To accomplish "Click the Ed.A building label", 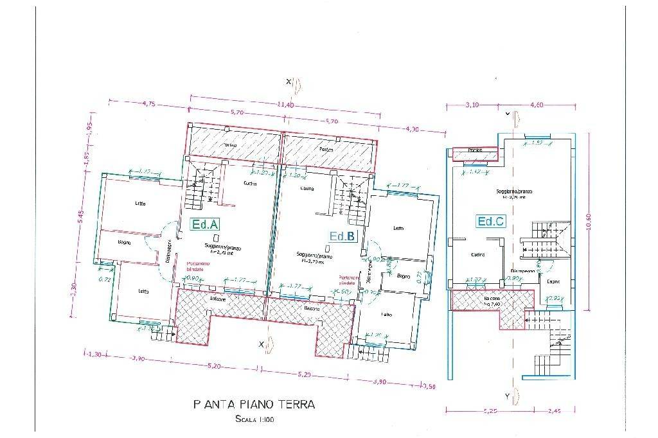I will [x=206, y=224].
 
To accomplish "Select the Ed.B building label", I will [x=342, y=236].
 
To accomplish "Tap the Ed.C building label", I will [x=490, y=222].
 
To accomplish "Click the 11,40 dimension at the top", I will [x=285, y=105].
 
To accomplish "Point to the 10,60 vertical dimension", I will [x=589, y=224].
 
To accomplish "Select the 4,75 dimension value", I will [x=149, y=103].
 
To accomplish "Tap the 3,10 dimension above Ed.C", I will [x=472, y=105].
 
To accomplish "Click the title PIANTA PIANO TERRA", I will [x=254, y=405].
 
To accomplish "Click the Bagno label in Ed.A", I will [x=125, y=242].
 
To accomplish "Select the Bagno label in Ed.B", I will [x=404, y=276].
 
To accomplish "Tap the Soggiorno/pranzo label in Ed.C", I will [x=513, y=191].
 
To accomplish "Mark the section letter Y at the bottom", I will [x=507, y=396].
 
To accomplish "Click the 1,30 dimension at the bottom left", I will [x=94, y=355].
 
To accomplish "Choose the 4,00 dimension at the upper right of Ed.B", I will [x=412, y=129].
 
